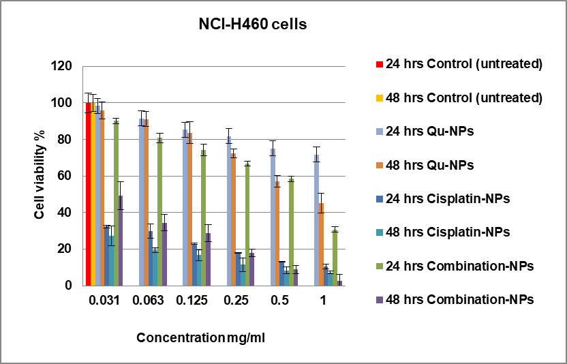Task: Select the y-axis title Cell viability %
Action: [40, 176]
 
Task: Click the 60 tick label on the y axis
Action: [65, 177]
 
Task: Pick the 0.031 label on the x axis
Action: [104, 301]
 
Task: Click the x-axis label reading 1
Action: [323, 301]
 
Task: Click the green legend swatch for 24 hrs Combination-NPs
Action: [379, 266]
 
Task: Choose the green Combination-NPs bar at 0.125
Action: [204, 217]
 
